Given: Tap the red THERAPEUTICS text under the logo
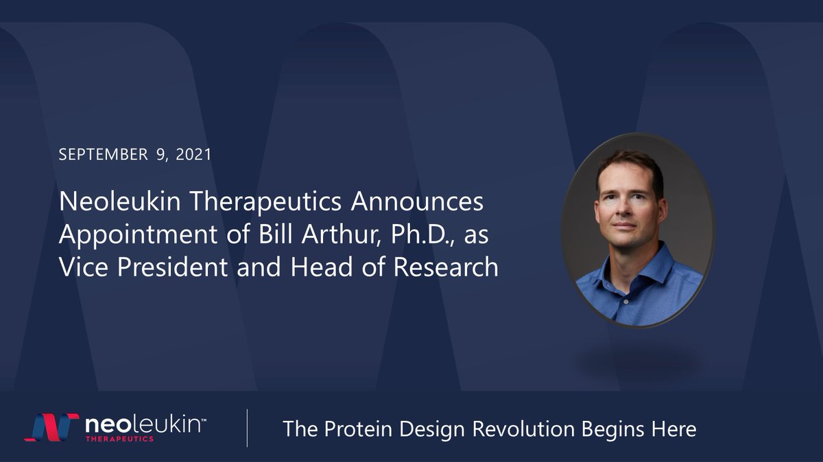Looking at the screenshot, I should click(119, 437).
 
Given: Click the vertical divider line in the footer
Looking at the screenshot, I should click(247, 428).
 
